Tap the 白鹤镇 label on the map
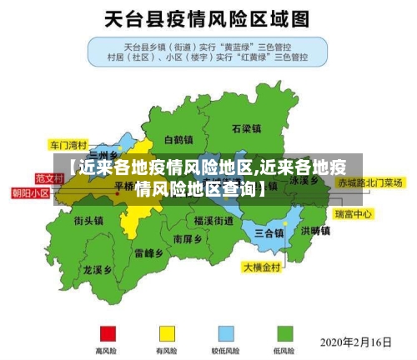(178, 140)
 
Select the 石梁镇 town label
(247, 129)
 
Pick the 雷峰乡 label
(148, 253)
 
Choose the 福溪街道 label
(214, 221)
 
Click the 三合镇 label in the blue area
(269, 232)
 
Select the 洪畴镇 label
(315, 231)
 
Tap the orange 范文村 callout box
(49, 178)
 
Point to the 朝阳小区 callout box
(31, 192)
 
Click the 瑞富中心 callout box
(353, 214)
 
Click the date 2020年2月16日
(356, 342)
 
